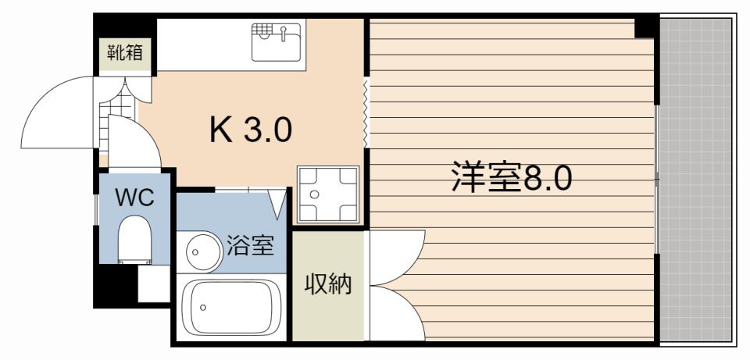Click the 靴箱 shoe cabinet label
click(x=124, y=54)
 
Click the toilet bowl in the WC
click(x=134, y=239)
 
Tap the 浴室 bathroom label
click(x=250, y=245)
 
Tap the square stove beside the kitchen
click(x=327, y=194)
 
